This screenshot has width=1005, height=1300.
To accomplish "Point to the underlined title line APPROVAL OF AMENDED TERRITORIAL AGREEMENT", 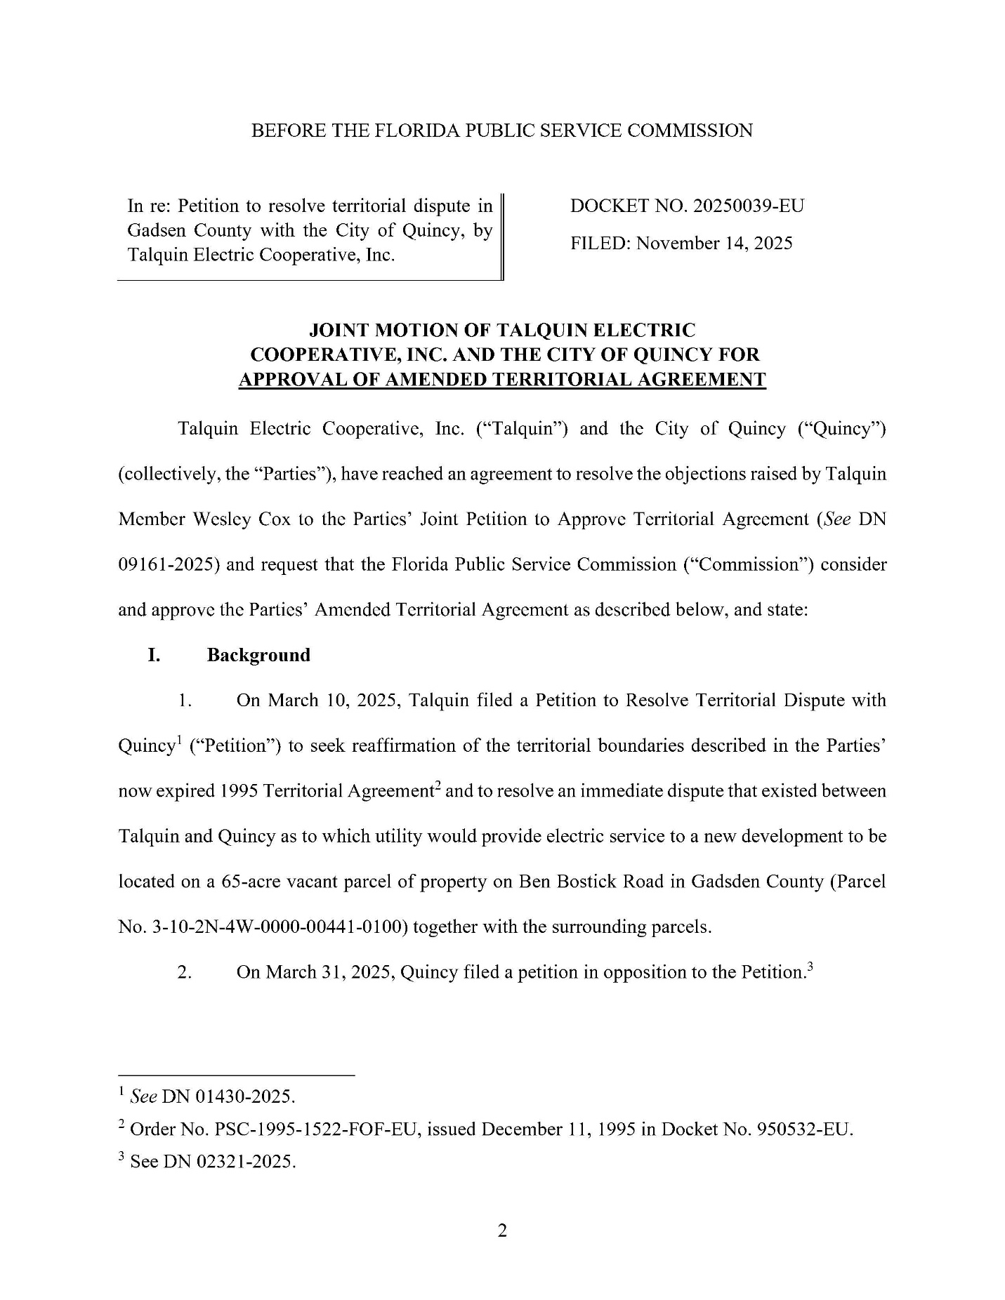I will click(502, 380).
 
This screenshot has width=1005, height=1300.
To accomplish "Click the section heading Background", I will click(258, 655).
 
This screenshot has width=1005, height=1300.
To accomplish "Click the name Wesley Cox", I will click(252, 519).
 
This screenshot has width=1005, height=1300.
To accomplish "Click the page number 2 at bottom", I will click(502, 1231).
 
